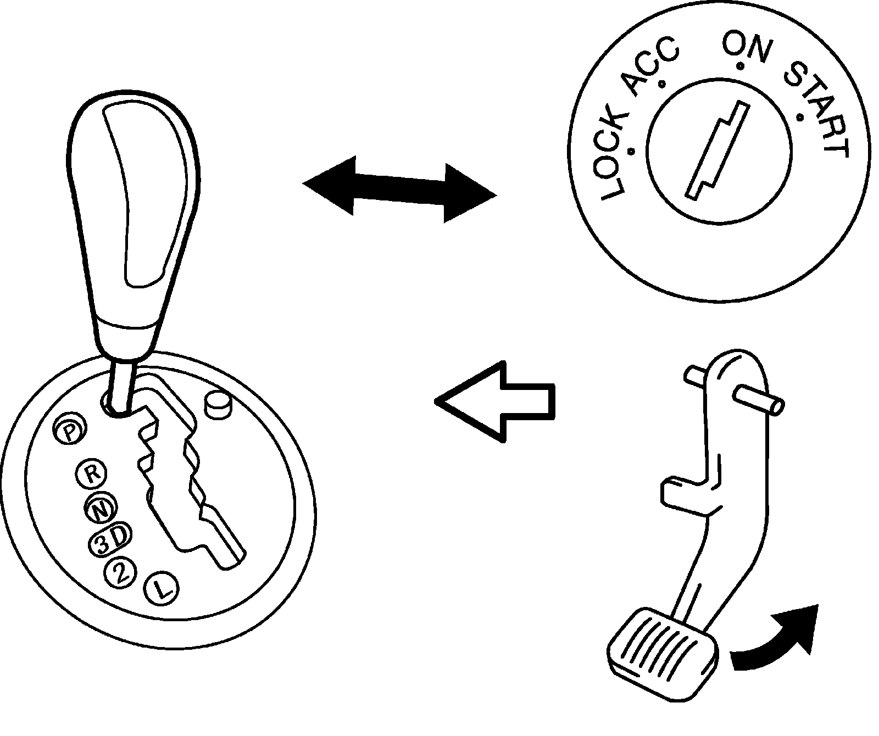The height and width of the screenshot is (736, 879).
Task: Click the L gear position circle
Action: [160, 590]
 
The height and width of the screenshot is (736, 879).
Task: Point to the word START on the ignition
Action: [819, 110]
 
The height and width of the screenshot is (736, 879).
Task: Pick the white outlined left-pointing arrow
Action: [494, 401]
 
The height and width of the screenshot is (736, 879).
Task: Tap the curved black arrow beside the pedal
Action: [780, 637]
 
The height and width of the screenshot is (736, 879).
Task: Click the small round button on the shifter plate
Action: [218, 405]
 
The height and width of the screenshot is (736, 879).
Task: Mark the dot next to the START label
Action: [800, 118]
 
